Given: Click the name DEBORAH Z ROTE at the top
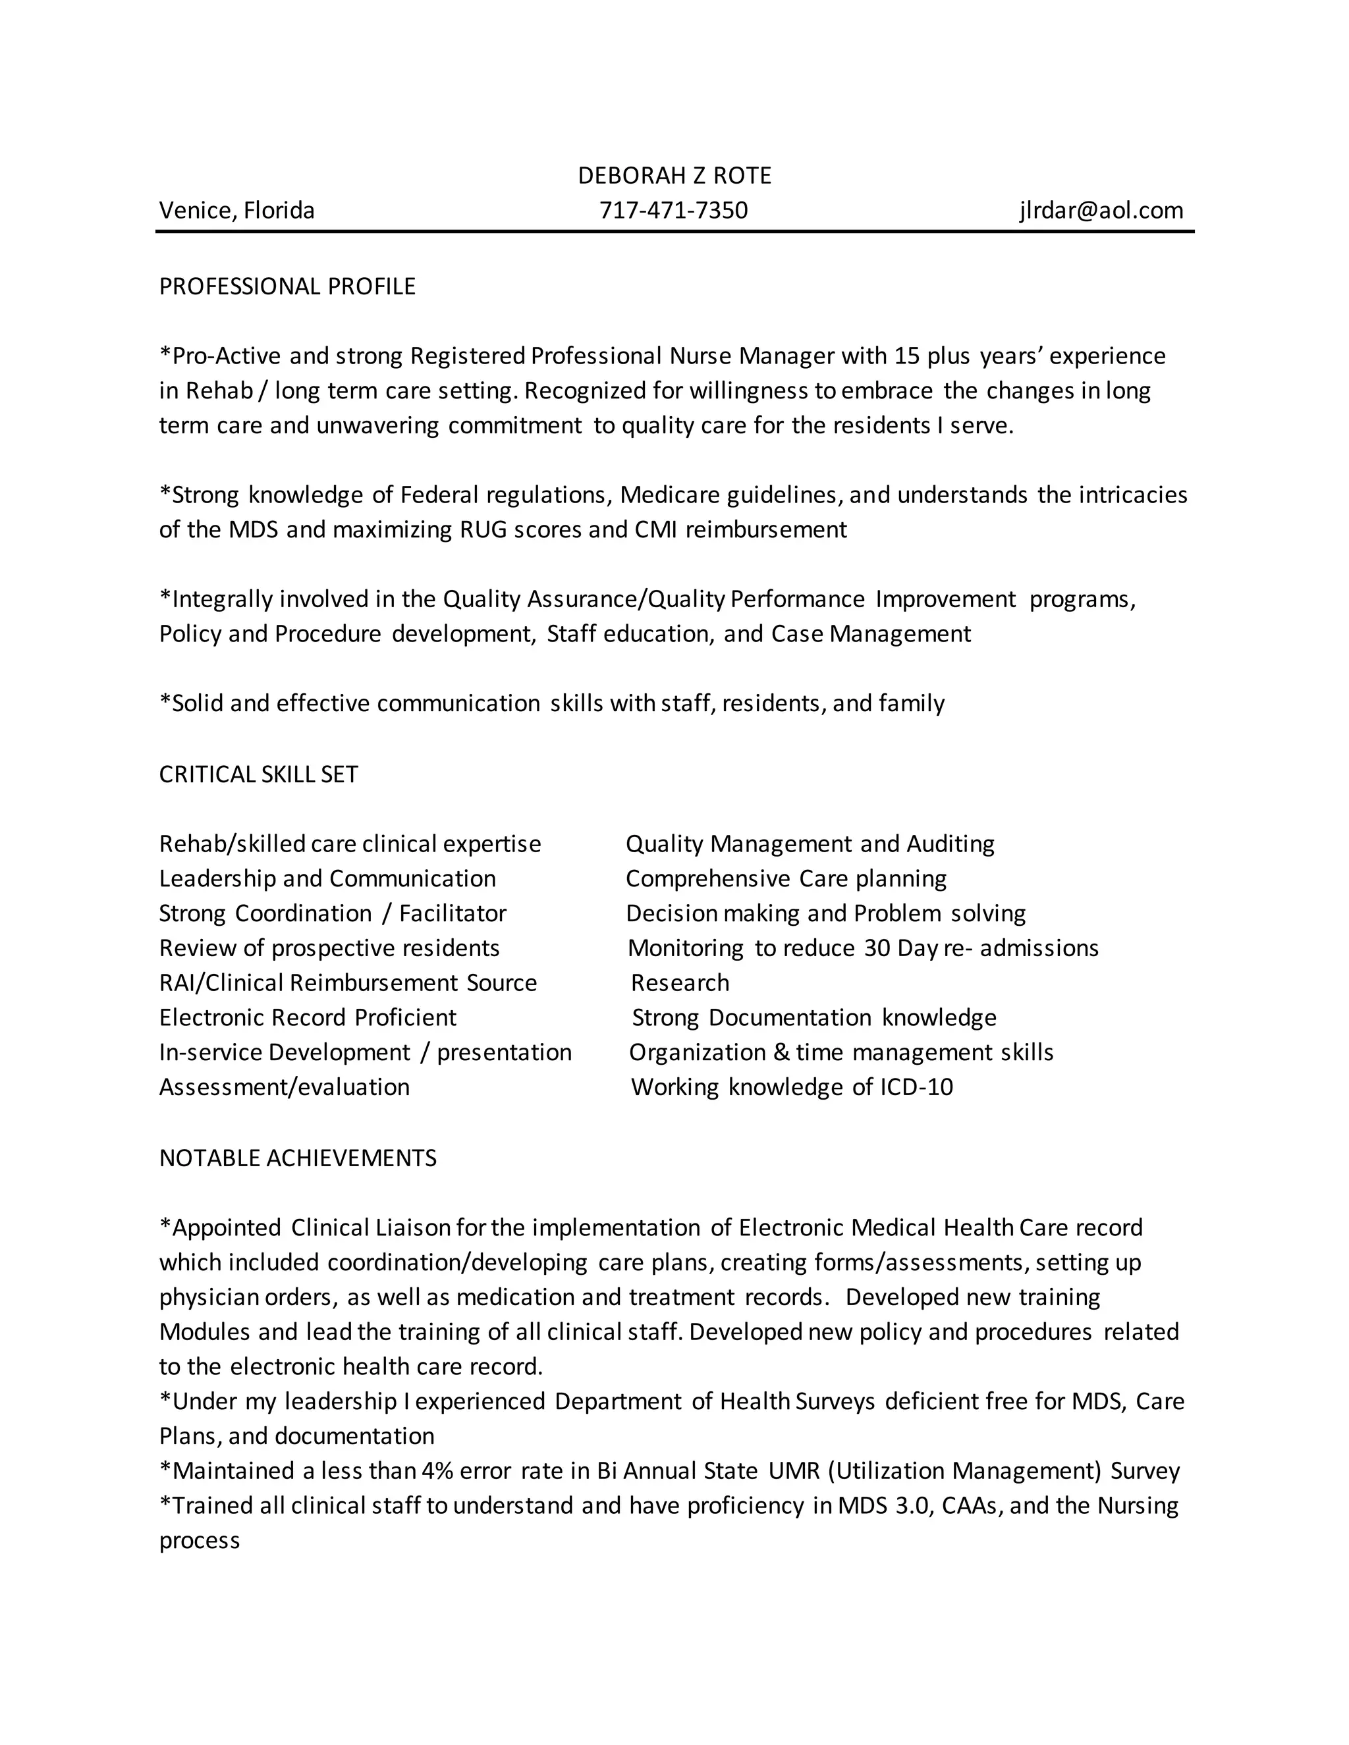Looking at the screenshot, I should click(674, 176).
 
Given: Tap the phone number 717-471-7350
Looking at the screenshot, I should click(674, 210).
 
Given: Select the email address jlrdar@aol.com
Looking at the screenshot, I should click(1101, 210).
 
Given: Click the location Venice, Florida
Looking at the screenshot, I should click(236, 210).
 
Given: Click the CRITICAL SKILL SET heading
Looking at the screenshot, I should click(258, 774).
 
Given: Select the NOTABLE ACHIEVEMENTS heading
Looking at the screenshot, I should click(297, 1158).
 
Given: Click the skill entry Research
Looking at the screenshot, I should click(679, 982).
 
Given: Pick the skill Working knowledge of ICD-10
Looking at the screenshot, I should click(791, 1087).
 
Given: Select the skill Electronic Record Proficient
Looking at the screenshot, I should click(308, 1017).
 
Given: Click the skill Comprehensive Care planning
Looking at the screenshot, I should click(786, 879).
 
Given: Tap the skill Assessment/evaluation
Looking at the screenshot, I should click(284, 1087).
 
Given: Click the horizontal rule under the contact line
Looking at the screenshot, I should click(674, 232).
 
